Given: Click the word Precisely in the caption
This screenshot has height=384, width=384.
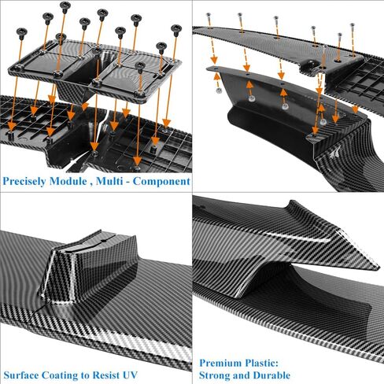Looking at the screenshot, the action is (24, 182).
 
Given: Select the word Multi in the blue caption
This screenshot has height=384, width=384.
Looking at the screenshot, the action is (109, 181).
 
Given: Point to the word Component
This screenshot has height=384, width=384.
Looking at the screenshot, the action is (161, 182).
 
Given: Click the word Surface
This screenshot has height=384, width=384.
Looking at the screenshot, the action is (21, 375).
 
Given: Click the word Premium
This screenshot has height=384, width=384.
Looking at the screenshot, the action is (220, 363).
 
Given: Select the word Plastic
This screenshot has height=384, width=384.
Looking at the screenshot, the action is (261, 363).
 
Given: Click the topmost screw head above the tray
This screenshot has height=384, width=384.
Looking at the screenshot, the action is (65, 5).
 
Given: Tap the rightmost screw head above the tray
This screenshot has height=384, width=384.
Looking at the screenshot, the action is (176, 28).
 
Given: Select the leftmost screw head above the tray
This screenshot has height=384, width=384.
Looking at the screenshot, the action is (21, 32).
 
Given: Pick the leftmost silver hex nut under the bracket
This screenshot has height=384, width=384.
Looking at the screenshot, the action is (218, 90).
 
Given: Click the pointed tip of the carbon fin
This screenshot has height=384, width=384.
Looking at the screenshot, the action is (378, 268).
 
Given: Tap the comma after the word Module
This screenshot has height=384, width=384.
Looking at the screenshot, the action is (91, 184).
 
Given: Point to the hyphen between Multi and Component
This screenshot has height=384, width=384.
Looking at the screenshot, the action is (127, 182).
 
